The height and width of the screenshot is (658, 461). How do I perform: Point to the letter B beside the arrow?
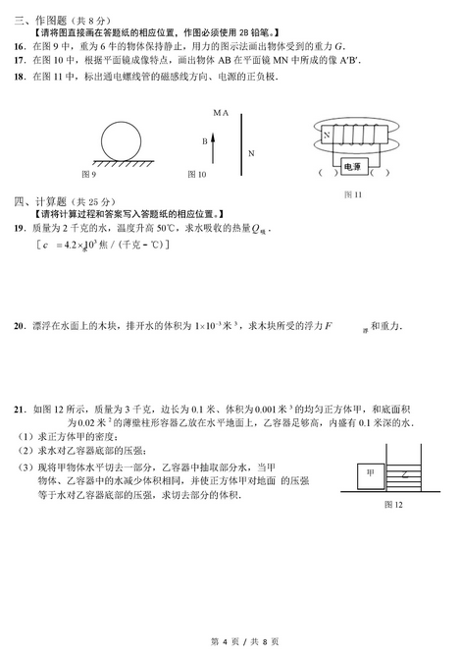pos(205,140)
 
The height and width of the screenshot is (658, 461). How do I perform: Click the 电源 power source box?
pos(352,168)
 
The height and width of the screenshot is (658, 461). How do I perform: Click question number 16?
pos(20,45)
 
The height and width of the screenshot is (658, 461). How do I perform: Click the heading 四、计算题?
pos(37,199)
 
